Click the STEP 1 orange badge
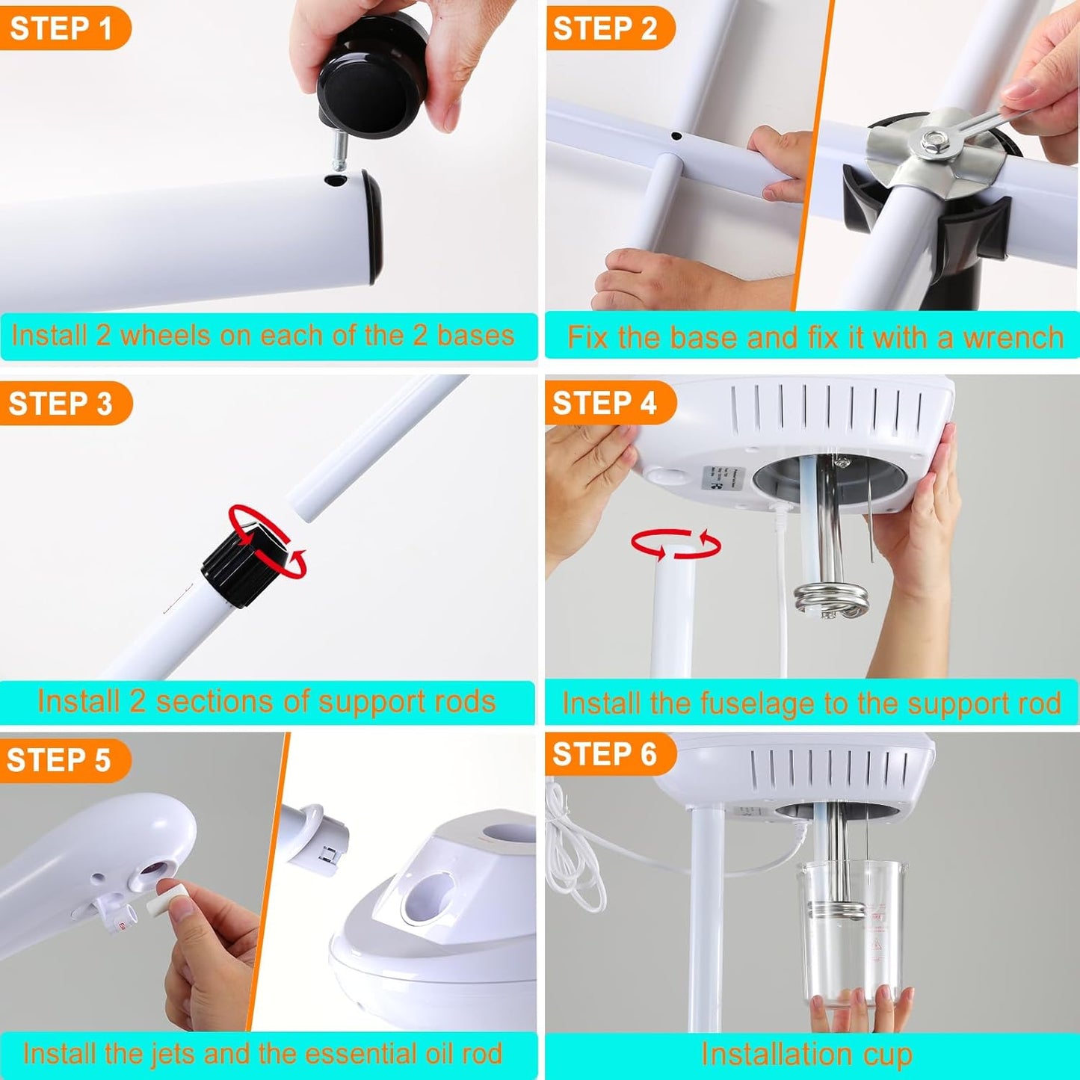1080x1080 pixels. point(64,29)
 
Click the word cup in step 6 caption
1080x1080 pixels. point(886,1055)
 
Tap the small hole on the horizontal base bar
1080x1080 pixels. point(676,137)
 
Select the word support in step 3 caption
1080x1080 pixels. point(371,703)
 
